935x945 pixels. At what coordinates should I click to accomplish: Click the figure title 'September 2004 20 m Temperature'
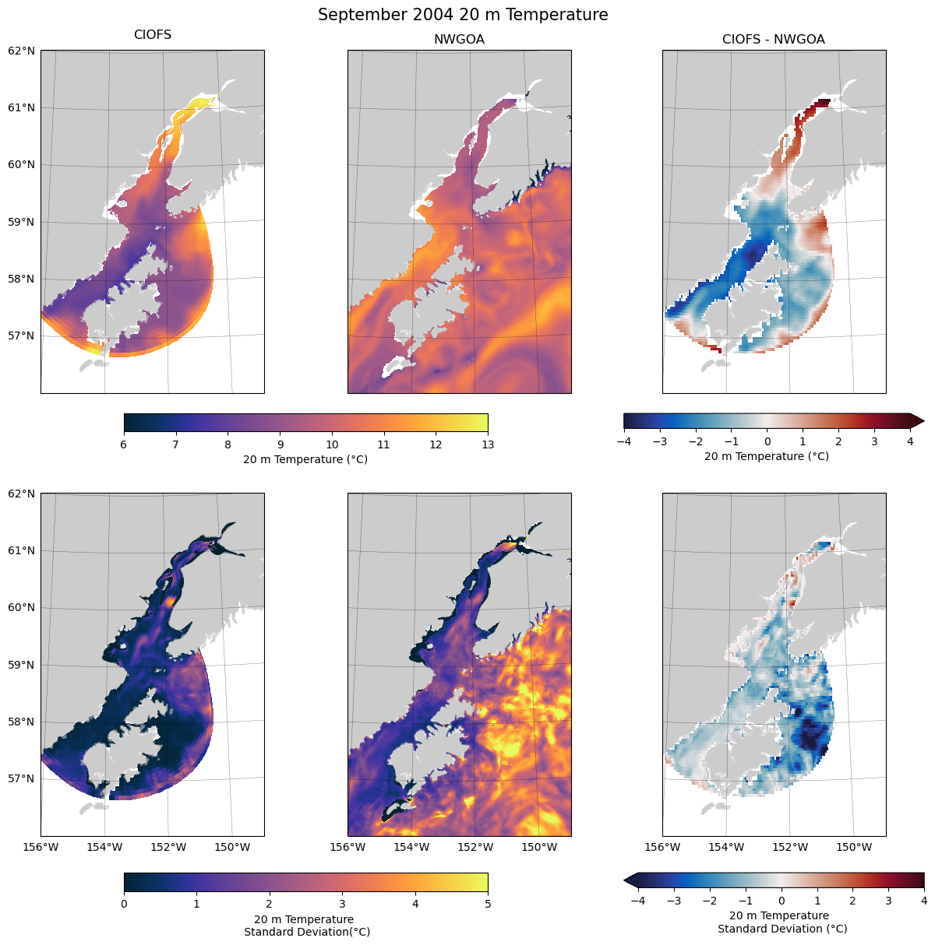click(463, 15)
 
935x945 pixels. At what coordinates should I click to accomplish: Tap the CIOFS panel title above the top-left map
click(153, 35)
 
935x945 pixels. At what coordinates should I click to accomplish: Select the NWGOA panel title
click(459, 40)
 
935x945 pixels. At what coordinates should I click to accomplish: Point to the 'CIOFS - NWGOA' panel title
click(773, 40)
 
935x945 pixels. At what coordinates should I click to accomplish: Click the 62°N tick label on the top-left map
click(21, 51)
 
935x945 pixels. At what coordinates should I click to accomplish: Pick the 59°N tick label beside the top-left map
click(21, 222)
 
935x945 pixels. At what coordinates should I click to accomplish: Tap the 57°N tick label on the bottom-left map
click(21, 778)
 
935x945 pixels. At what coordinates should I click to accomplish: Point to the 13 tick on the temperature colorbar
click(488, 444)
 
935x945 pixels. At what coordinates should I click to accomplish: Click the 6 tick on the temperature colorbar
click(124, 444)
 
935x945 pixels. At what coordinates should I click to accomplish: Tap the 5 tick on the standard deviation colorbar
click(488, 904)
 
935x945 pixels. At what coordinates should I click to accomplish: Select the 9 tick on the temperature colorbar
click(280, 444)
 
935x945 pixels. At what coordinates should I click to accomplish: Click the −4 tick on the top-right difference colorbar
click(623, 441)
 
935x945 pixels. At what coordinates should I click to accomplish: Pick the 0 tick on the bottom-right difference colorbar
click(781, 901)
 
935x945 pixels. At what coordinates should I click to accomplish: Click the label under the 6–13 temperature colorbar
click(305, 459)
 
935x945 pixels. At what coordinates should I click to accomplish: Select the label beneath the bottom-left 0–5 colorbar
click(306, 926)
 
